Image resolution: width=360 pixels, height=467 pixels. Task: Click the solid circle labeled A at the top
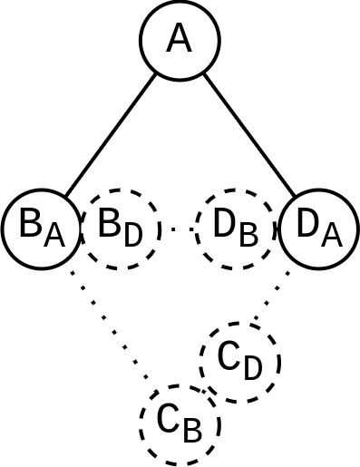point(180,40)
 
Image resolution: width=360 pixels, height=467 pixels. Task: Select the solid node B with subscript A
point(42,229)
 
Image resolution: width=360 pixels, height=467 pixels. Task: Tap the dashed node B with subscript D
point(121,229)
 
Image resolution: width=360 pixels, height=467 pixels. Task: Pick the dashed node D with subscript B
point(235,229)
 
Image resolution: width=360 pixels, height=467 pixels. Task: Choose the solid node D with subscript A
point(318,229)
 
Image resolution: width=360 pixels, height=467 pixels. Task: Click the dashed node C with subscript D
point(240,362)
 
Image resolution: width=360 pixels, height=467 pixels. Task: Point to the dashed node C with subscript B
point(180,423)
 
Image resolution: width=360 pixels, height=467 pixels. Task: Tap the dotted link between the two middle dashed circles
point(178,229)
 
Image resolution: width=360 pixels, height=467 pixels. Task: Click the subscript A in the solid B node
point(54,237)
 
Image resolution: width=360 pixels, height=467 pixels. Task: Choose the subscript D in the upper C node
point(253,368)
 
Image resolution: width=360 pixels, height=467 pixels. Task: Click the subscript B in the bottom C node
point(192,430)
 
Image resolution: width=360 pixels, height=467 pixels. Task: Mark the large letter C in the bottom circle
point(168,420)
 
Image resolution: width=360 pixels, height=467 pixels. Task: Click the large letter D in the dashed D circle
point(225,226)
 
